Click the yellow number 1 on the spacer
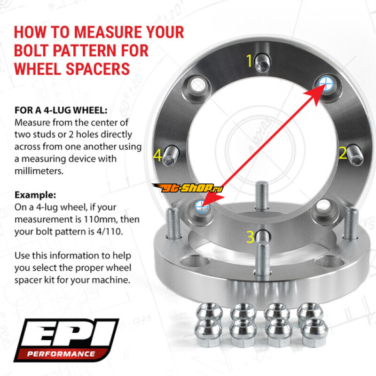(x=250, y=61)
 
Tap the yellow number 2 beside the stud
(x=343, y=153)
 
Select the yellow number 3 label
(x=251, y=237)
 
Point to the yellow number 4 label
(x=157, y=155)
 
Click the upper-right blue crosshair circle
(x=326, y=84)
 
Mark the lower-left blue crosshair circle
(x=202, y=206)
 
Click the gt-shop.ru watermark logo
(x=188, y=188)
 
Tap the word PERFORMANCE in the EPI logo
(x=61, y=354)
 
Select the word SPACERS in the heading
(x=98, y=69)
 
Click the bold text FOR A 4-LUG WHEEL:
(x=61, y=110)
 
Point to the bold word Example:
(x=35, y=195)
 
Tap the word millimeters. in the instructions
(x=39, y=171)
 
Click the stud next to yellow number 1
(x=262, y=63)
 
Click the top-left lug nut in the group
(x=209, y=311)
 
